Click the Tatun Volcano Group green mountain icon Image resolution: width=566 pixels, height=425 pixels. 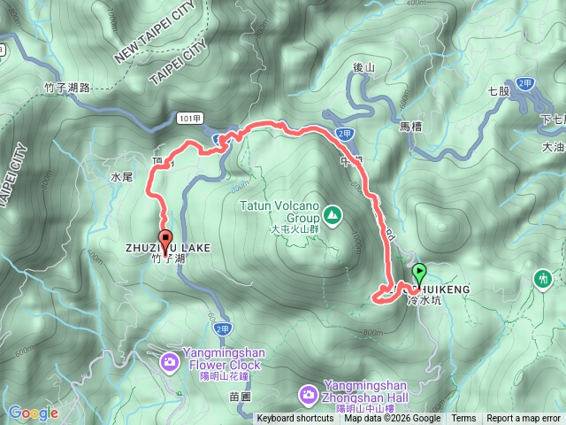[332, 213]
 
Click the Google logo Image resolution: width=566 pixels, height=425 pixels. [33, 413]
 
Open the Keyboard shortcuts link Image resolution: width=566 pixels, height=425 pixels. [295, 419]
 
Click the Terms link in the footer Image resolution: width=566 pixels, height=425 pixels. [463, 419]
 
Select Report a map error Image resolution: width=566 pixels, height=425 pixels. [524, 419]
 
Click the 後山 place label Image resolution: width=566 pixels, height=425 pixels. [364, 67]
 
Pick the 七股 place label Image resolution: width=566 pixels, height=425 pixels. [500, 91]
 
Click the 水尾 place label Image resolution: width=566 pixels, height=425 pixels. [122, 177]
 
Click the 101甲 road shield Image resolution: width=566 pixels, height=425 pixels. [190, 117]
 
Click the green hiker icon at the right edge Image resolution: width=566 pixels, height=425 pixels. [541, 280]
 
